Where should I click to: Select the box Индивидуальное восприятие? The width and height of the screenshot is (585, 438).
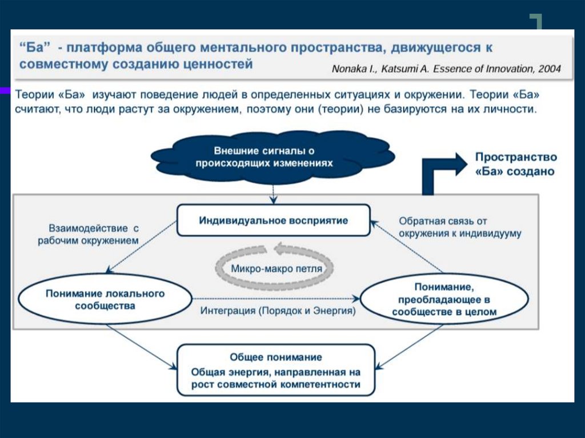273,220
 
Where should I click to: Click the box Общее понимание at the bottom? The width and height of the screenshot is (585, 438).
276,370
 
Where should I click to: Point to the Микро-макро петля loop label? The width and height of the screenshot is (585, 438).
276,268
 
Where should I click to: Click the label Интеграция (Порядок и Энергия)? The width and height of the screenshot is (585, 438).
278,311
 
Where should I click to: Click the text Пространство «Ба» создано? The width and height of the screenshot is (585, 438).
515,164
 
